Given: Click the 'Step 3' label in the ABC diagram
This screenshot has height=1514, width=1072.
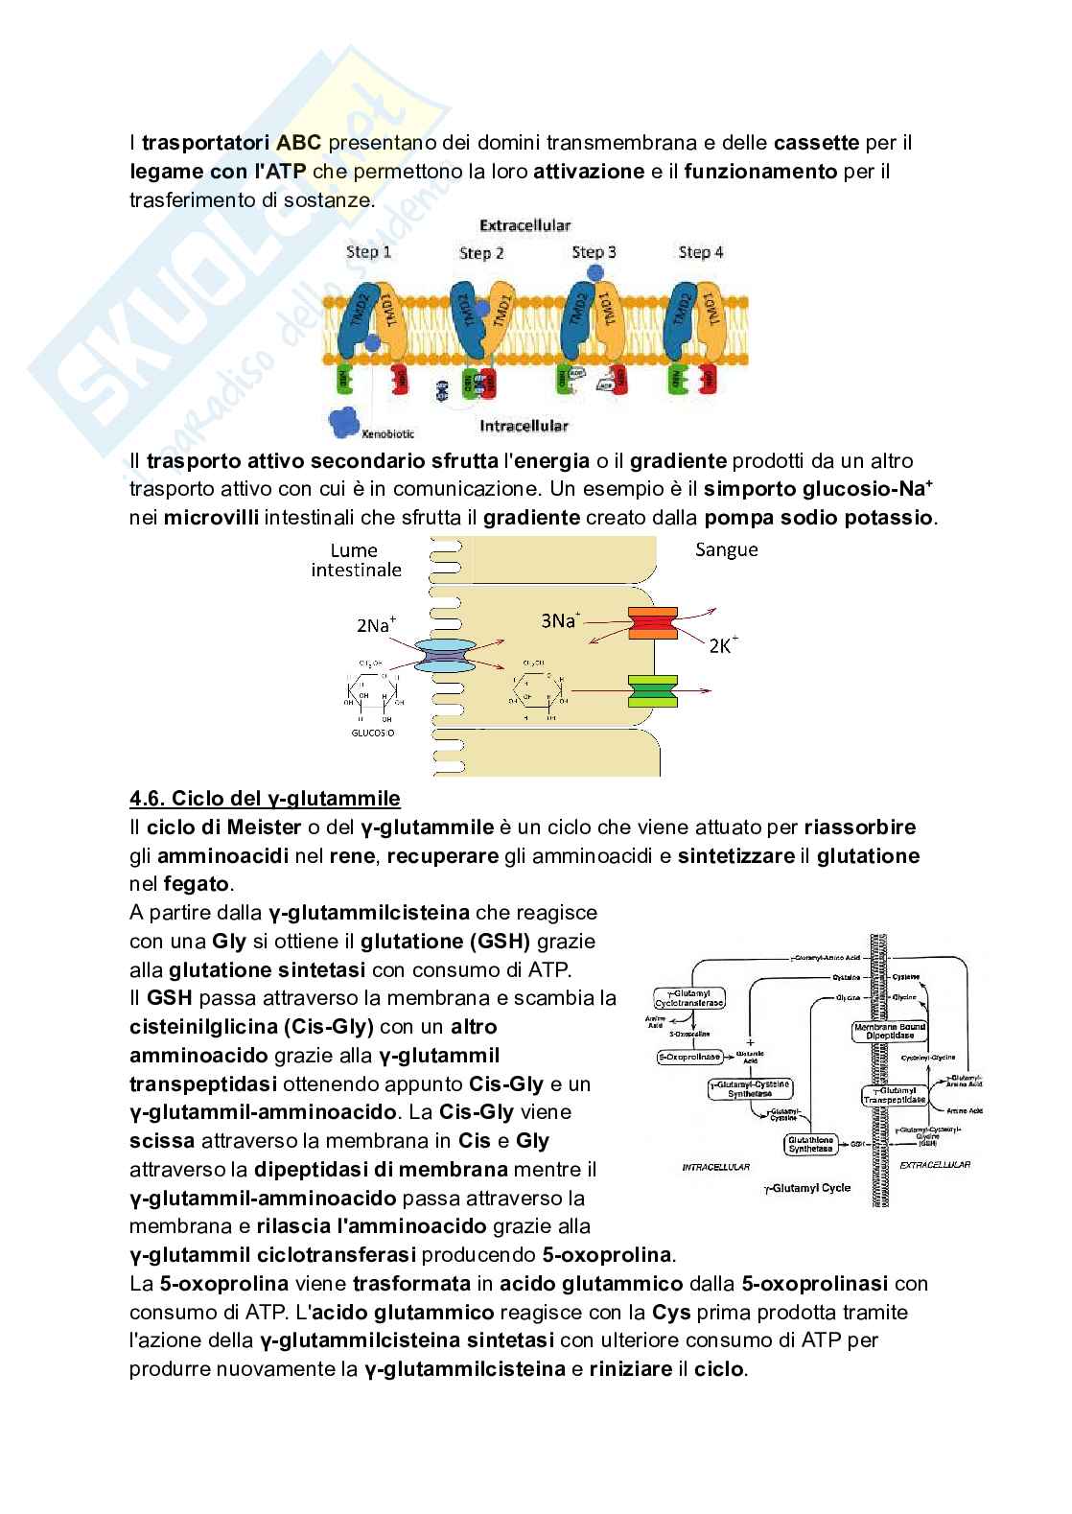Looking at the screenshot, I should [x=594, y=252].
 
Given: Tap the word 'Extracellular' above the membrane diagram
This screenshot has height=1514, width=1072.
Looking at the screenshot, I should [x=524, y=225].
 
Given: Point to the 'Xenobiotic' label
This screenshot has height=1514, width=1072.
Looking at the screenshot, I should [x=388, y=433].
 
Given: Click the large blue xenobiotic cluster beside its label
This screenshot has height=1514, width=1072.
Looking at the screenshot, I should [x=342, y=421].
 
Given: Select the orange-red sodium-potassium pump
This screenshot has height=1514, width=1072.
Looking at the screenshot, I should [x=653, y=623].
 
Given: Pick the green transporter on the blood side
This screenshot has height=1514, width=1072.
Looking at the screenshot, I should [x=653, y=690].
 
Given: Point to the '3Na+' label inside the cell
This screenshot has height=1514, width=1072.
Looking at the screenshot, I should [x=561, y=620].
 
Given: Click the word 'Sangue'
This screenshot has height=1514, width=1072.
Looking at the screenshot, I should [x=727, y=549].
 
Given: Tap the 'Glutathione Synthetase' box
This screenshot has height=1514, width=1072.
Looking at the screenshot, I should [x=811, y=1143].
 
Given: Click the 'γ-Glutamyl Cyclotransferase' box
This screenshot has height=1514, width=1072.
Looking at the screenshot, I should [x=689, y=997].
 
